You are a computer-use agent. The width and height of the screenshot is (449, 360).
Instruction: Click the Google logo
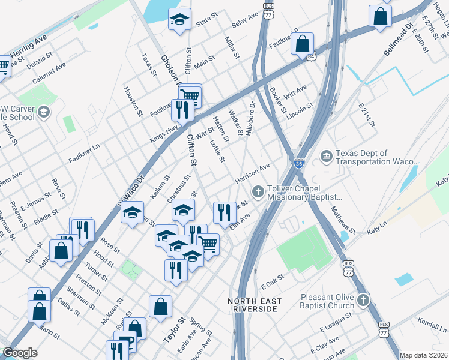[x=20, y=353]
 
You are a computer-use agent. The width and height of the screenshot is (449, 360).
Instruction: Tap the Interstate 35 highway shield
[x=299, y=163]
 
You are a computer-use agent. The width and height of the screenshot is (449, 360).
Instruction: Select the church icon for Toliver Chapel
[x=258, y=192]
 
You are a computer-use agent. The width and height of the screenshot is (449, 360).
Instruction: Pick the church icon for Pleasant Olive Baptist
[x=362, y=299]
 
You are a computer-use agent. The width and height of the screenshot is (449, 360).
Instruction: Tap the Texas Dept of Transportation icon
[x=326, y=157]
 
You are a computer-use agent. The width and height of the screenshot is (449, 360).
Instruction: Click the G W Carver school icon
[x=43, y=112]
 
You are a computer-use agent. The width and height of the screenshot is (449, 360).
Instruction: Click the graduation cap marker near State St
[x=179, y=22]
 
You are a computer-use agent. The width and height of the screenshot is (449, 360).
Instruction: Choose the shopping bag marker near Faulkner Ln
[x=303, y=44]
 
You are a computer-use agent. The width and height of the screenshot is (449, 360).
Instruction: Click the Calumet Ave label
[x=49, y=74]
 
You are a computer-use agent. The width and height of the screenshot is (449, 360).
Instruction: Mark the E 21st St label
[x=366, y=115]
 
